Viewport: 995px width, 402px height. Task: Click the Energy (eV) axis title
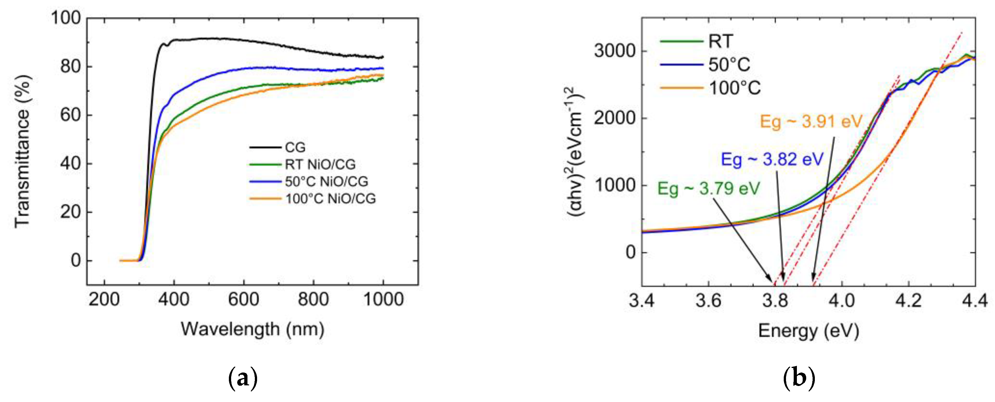808,331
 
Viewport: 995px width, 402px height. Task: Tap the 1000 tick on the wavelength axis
383,300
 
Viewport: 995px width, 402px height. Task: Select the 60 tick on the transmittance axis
70,115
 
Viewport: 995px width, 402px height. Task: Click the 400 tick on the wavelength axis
174,300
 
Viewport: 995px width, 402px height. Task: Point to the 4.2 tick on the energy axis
908,300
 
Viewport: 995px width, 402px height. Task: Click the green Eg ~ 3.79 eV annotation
709,189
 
